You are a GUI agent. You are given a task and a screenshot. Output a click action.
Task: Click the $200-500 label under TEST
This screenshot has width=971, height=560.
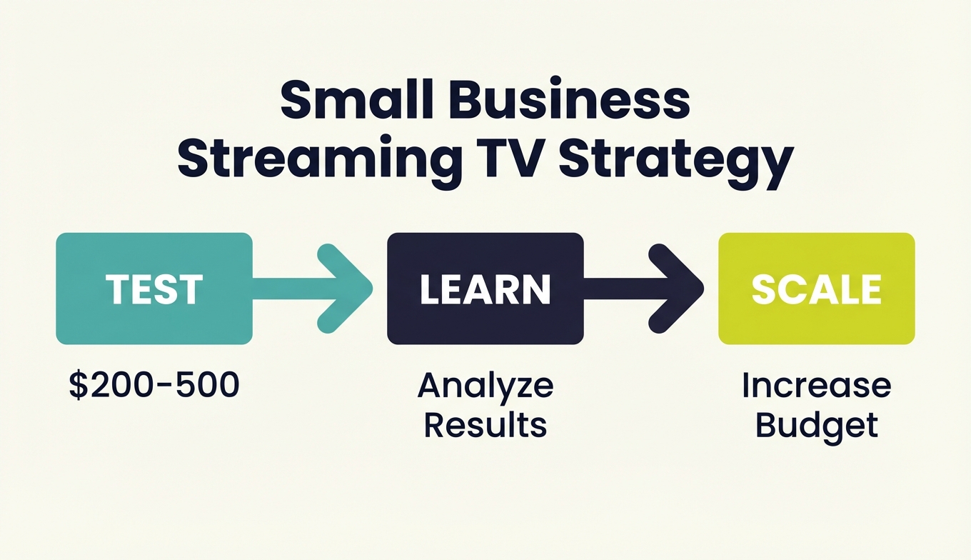[154, 386]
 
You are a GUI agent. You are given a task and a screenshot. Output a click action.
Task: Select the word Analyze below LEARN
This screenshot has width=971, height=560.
[485, 386]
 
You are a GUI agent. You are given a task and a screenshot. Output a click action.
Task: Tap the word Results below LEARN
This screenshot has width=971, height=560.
[485, 424]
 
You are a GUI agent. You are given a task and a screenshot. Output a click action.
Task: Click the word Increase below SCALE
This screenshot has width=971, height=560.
[816, 386]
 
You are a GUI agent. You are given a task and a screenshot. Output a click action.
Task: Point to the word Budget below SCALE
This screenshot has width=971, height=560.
[816, 424]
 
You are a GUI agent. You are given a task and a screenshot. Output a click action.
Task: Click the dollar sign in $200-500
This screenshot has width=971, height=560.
[77, 386]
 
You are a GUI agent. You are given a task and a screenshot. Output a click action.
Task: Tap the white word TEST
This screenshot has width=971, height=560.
[154, 289]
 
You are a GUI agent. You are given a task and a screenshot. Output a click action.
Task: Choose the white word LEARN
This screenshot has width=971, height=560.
[485, 289]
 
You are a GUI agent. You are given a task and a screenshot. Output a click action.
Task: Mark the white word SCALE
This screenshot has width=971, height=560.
[816, 289]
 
